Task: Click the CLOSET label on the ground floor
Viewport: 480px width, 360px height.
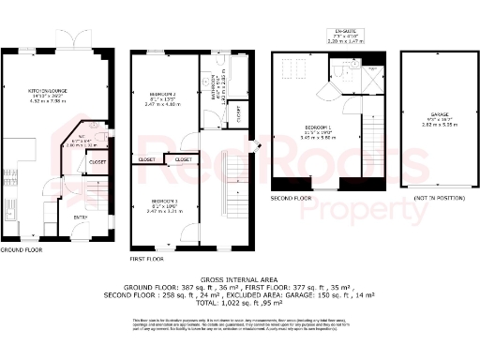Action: [x=97, y=161]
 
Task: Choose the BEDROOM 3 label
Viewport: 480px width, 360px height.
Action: [x=162, y=202]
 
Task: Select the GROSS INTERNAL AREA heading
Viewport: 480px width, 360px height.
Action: [x=239, y=279]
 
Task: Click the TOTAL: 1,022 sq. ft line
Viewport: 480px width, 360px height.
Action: [x=239, y=303]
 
